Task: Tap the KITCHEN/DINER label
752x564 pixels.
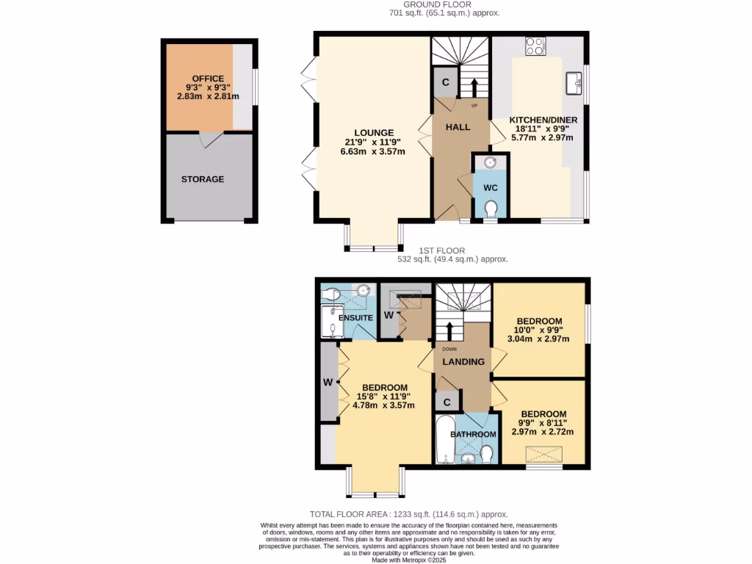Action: [543, 120]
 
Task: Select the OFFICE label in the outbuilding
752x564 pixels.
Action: [208, 79]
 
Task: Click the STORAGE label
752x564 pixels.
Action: [203, 179]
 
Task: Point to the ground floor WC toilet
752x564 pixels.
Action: [491, 210]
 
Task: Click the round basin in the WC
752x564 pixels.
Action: [490, 163]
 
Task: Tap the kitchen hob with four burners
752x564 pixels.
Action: [535, 46]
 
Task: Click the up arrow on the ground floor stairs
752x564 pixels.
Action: [473, 87]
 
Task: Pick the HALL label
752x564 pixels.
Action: [458, 127]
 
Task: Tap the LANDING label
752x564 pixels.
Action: [463, 361]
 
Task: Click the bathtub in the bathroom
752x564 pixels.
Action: [444, 441]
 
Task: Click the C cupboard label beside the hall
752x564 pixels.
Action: [445, 82]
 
